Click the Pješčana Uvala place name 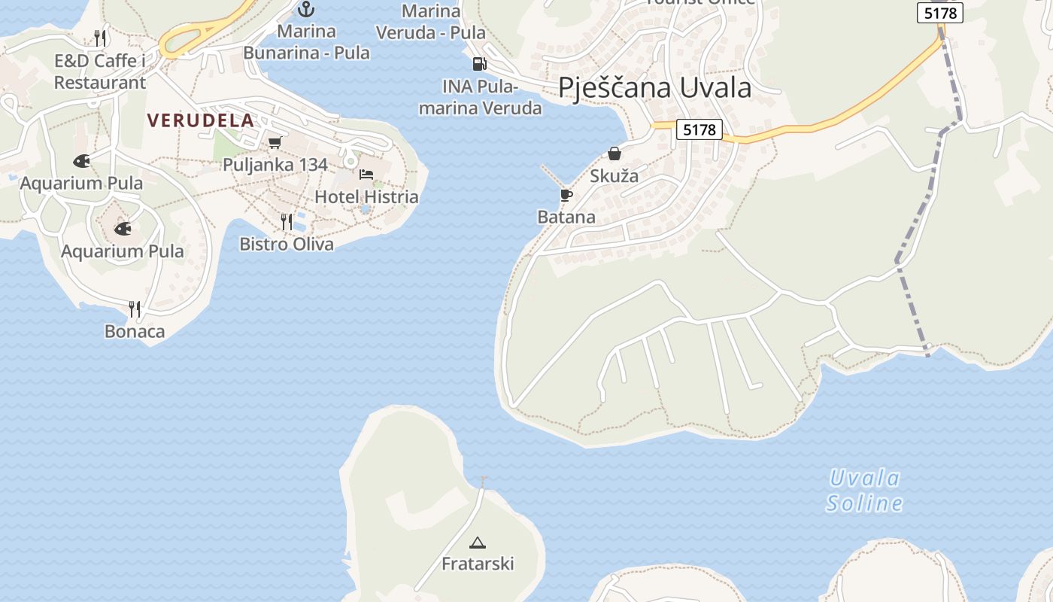click(654, 88)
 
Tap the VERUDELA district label click(201, 120)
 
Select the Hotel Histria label click(366, 197)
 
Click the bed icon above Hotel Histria click(366, 175)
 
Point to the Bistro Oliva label click(287, 244)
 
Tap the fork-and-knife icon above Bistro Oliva click(287, 221)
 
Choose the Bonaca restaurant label click(135, 331)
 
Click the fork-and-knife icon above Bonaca click(135, 309)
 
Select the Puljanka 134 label click(275, 164)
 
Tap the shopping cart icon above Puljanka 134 click(275, 142)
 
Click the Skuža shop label click(615, 176)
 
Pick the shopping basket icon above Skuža click(615, 154)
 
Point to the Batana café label click(566, 217)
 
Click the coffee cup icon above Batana click(566, 196)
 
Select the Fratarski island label click(478, 564)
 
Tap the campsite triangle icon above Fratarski click(478, 542)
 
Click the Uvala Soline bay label click(864, 491)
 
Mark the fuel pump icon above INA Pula click(479, 64)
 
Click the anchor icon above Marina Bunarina click(305, 10)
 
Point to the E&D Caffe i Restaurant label click(100, 71)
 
